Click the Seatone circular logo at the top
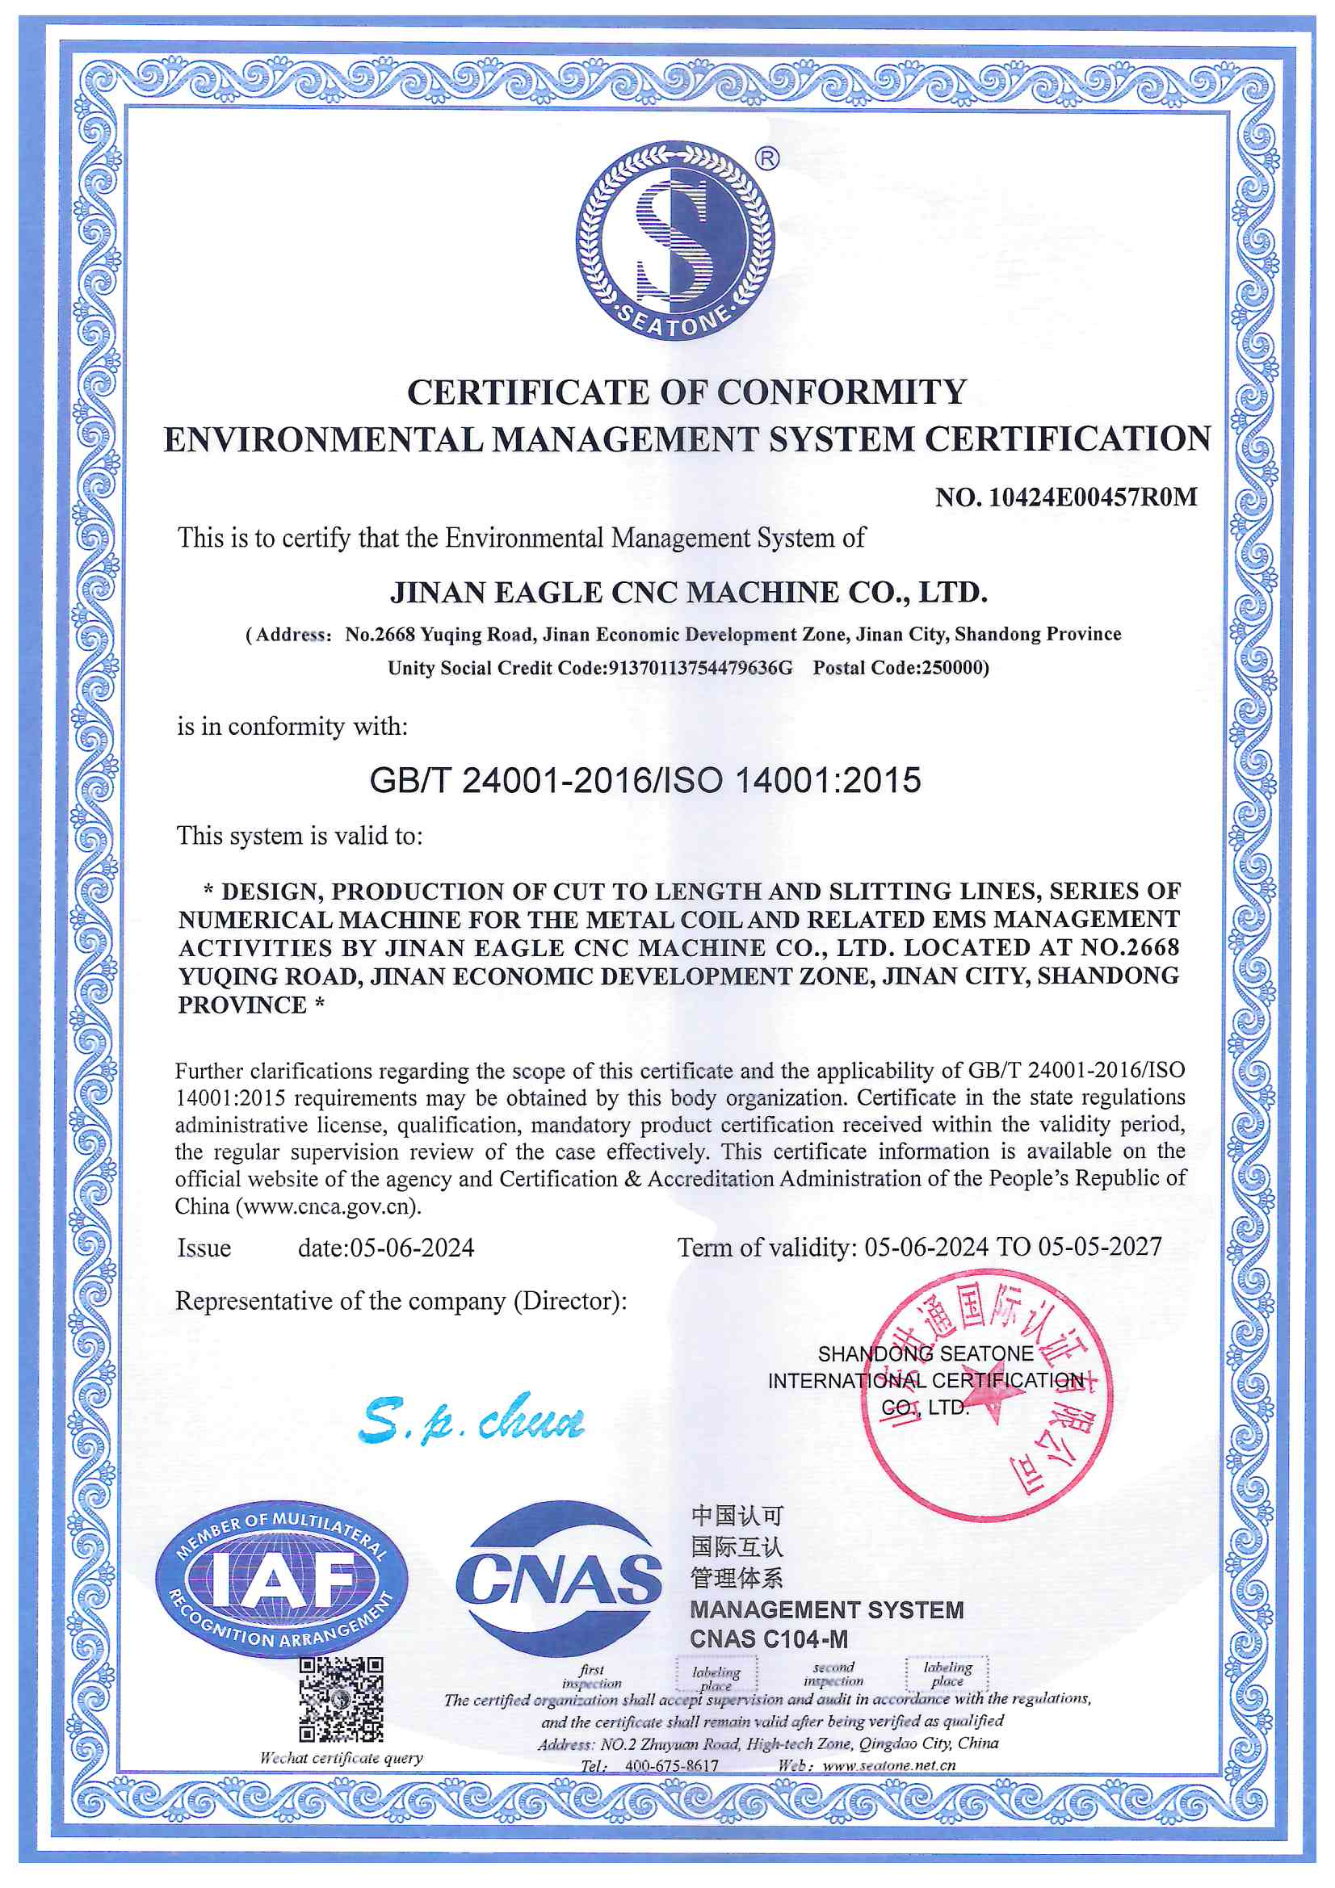[674, 240]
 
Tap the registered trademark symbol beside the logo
[766, 158]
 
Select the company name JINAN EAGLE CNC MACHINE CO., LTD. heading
[688, 593]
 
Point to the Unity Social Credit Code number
[700, 668]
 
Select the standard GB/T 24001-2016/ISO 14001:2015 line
[646, 780]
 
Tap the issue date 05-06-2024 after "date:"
[412, 1248]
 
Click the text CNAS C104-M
[768, 1638]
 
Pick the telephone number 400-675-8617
[671, 1765]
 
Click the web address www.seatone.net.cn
[888, 1764]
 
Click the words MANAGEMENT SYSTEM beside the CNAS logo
[827, 1609]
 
